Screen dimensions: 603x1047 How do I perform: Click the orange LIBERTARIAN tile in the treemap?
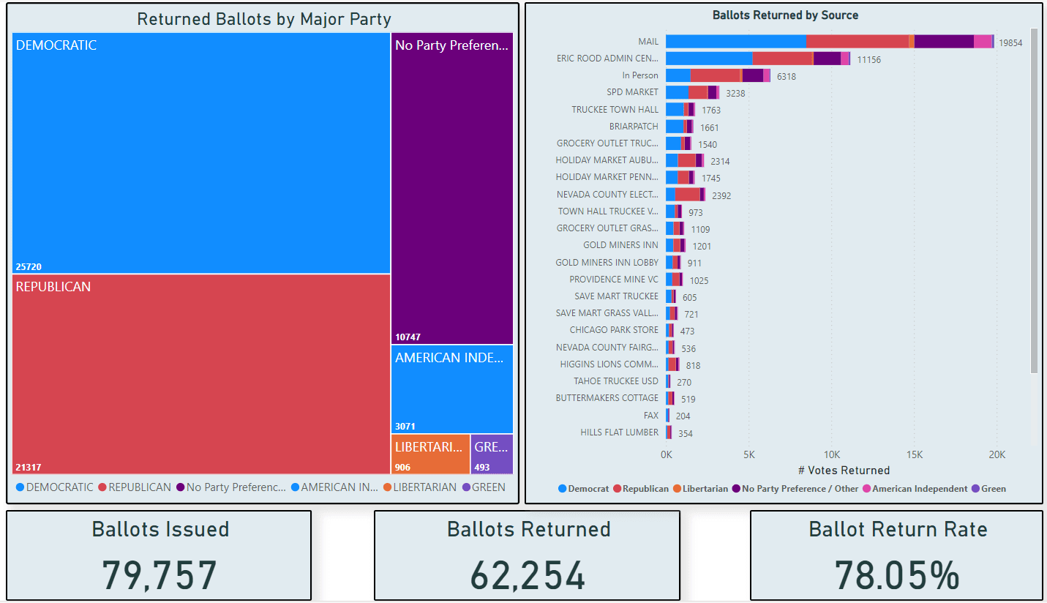[430, 454]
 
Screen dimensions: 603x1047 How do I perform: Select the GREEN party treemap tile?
[492, 454]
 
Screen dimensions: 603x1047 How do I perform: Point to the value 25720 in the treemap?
[29, 267]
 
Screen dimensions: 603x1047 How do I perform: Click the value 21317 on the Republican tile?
[29, 467]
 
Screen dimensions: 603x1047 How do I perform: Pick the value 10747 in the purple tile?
[408, 337]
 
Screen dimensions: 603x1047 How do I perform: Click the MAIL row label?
[648, 42]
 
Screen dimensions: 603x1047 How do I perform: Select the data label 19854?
[1011, 43]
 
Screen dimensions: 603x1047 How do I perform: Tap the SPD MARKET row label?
[632, 92]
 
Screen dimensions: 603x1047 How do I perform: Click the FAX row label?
[650, 415]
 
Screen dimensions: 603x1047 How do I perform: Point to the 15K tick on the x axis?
[914, 454]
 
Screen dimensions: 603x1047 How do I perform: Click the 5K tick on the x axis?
[748, 454]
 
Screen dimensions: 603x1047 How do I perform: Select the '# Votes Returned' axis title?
[844, 471]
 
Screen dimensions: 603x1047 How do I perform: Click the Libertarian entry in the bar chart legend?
[705, 489]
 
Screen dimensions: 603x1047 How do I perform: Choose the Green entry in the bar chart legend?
[993, 489]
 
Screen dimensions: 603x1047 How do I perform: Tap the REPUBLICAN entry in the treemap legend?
[139, 487]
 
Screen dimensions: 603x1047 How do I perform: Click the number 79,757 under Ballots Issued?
[160, 575]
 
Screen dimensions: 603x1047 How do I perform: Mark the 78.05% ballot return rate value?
[897, 575]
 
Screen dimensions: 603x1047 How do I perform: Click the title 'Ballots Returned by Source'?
[785, 15]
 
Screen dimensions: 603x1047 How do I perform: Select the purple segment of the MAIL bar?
[944, 42]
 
